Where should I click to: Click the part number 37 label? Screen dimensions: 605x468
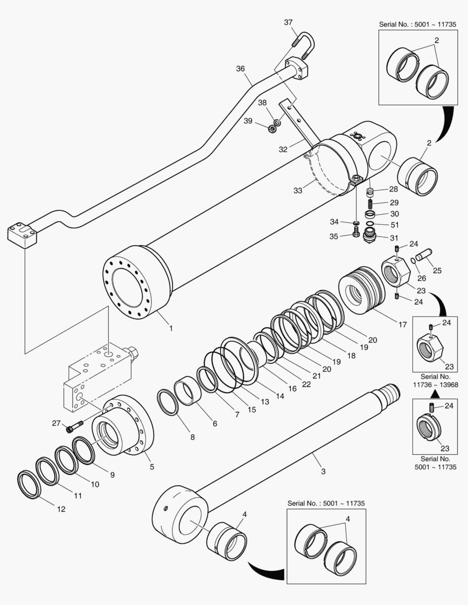pos(288,22)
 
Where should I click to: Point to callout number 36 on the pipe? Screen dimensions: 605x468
pos(240,69)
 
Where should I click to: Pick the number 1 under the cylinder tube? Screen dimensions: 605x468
pos(170,328)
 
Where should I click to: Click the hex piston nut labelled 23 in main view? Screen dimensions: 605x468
pos(397,271)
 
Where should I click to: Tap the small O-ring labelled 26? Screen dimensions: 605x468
pos(413,259)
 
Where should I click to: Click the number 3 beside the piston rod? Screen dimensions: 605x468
pos(323,471)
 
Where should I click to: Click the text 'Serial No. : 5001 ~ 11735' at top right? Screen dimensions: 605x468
pos(418,25)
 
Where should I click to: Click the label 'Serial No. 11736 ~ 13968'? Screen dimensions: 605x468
pos(435,380)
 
